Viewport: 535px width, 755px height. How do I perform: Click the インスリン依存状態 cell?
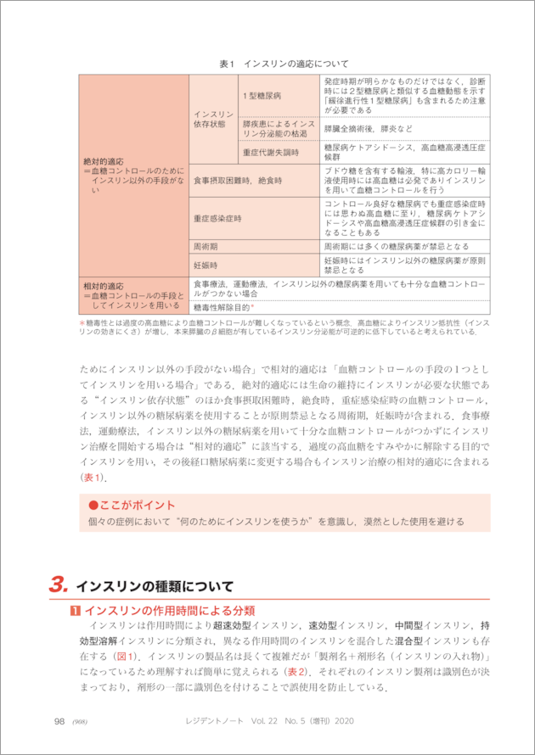[214, 119]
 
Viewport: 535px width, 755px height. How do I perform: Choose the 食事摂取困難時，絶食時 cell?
[236, 181]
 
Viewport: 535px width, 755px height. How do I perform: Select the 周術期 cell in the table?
[206, 246]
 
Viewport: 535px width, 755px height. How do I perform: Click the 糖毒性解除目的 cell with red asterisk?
[225, 307]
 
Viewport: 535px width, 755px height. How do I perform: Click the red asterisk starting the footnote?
[82, 324]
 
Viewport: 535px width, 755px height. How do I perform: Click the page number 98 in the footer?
[59, 721]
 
